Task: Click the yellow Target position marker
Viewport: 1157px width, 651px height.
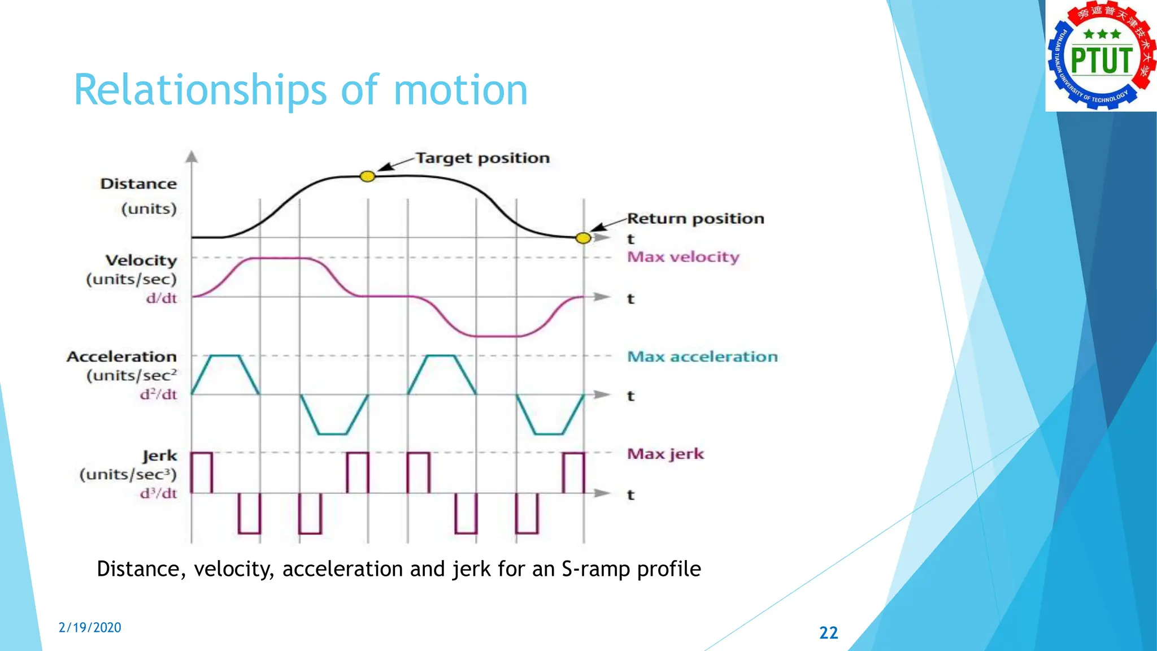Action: [x=367, y=177]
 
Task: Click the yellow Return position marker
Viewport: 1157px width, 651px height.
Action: [x=583, y=238]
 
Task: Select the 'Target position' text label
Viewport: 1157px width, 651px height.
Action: [x=482, y=158]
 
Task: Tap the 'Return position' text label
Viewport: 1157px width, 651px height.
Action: [x=695, y=219]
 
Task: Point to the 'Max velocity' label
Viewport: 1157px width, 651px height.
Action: [x=683, y=257]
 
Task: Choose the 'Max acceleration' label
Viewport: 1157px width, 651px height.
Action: [x=702, y=357]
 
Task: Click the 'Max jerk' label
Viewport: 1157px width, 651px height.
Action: [x=666, y=454]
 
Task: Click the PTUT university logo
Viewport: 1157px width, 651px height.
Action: [x=1101, y=56]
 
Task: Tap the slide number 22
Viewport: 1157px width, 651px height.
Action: [x=828, y=632]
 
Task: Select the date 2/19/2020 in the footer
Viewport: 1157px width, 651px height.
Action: [x=90, y=628]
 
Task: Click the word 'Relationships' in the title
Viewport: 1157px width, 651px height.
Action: [x=200, y=90]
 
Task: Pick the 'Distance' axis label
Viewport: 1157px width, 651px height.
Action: [x=138, y=184]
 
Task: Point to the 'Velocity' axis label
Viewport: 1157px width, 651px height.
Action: [x=141, y=261]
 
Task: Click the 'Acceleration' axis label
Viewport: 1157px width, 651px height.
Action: [x=121, y=357]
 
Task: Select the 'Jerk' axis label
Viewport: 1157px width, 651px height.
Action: [x=160, y=455]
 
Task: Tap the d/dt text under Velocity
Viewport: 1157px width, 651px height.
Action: [x=162, y=298]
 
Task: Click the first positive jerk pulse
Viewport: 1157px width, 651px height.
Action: [x=202, y=472]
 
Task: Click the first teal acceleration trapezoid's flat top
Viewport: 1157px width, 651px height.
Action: [x=225, y=356]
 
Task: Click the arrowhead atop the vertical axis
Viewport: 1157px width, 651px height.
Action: [x=192, y=156]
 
